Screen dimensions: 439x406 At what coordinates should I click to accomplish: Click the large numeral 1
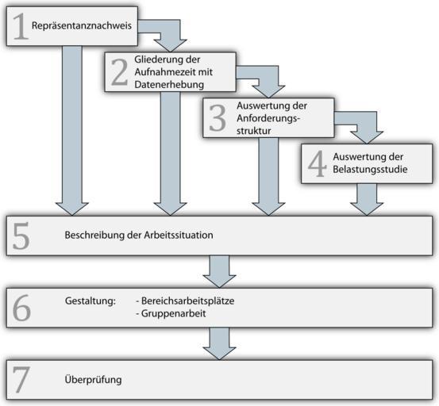21,26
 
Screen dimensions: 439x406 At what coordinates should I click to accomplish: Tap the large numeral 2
120,72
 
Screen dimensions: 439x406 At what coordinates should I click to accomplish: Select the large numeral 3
218,118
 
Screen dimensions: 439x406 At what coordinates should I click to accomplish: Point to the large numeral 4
318,163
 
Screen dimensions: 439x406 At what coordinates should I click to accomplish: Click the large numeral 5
21,236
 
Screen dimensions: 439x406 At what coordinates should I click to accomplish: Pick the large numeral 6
21,308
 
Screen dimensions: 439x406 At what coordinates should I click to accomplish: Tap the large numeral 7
21,380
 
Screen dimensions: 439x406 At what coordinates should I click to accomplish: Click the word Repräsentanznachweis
82,25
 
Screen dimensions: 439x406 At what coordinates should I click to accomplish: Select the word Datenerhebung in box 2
169,84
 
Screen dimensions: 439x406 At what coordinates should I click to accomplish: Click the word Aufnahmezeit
162,72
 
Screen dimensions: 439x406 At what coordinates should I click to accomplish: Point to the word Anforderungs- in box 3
268,118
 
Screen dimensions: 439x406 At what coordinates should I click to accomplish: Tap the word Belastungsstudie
370,169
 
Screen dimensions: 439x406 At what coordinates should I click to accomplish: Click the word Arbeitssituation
179,235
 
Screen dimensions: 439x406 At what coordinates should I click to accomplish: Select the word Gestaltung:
90,301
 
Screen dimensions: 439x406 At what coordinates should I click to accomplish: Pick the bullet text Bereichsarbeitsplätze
185,301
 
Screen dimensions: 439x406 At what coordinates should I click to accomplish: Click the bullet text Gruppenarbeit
171,313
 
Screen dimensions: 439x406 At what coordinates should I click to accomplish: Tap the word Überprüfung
93,380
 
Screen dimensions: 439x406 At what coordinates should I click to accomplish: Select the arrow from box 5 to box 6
219,271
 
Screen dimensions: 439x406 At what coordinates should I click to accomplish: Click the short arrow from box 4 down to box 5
367,199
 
